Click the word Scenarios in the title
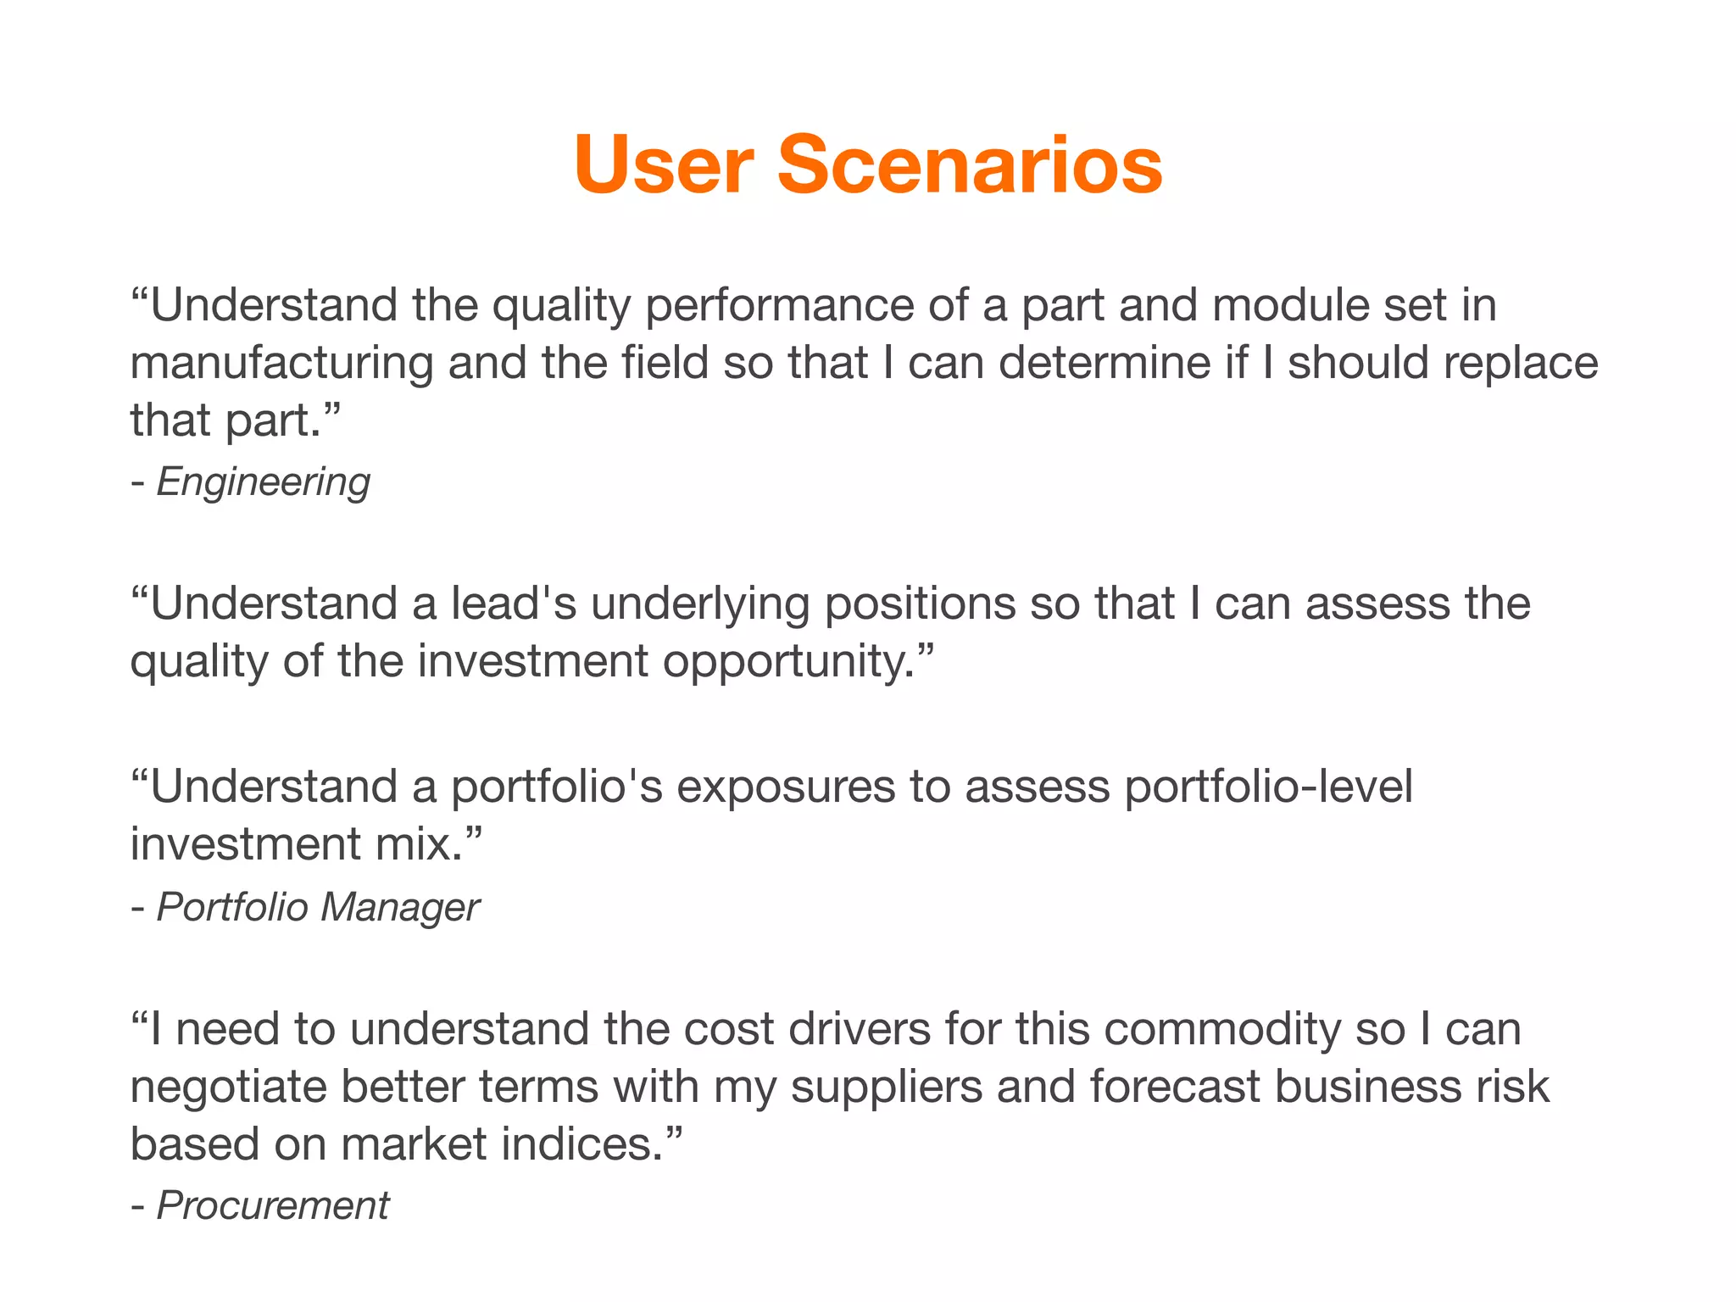pyautogui.click(x=970, y=164)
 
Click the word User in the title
pyautogui.click(x=663, y=164)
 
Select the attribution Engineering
pyautogui.click(x=263, y=482)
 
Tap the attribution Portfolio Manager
pyautogui.click(x=318, y=907)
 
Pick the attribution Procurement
pyautogui.click(x=273, y=1205)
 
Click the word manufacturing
pyautogui.click(x=281, y=364)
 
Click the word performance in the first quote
pyautogui.click(x=779, y=306)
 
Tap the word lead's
pyautogui.click(x=513, y=604)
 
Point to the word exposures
pyautogui.click(x=785, y=787)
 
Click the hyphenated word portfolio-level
pyautogui.click(x=1268, y=787)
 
